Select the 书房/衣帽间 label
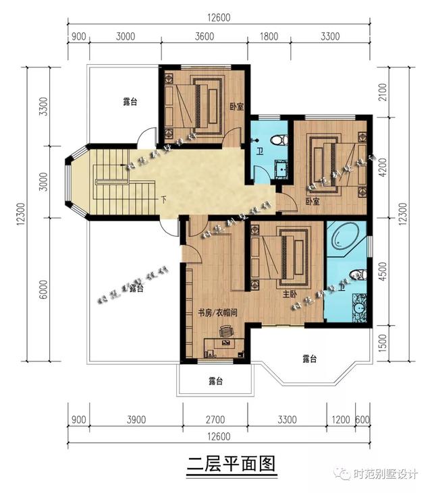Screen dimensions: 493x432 (x=218, y=313)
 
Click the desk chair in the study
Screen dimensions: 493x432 (x=225, y=332)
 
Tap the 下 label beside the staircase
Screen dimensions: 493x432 (x=163, y=200)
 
